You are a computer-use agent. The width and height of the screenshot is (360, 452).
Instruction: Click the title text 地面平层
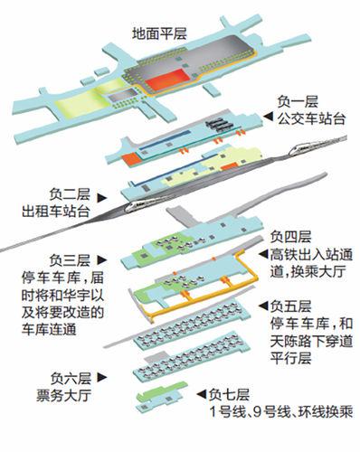[x=160, y=33]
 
